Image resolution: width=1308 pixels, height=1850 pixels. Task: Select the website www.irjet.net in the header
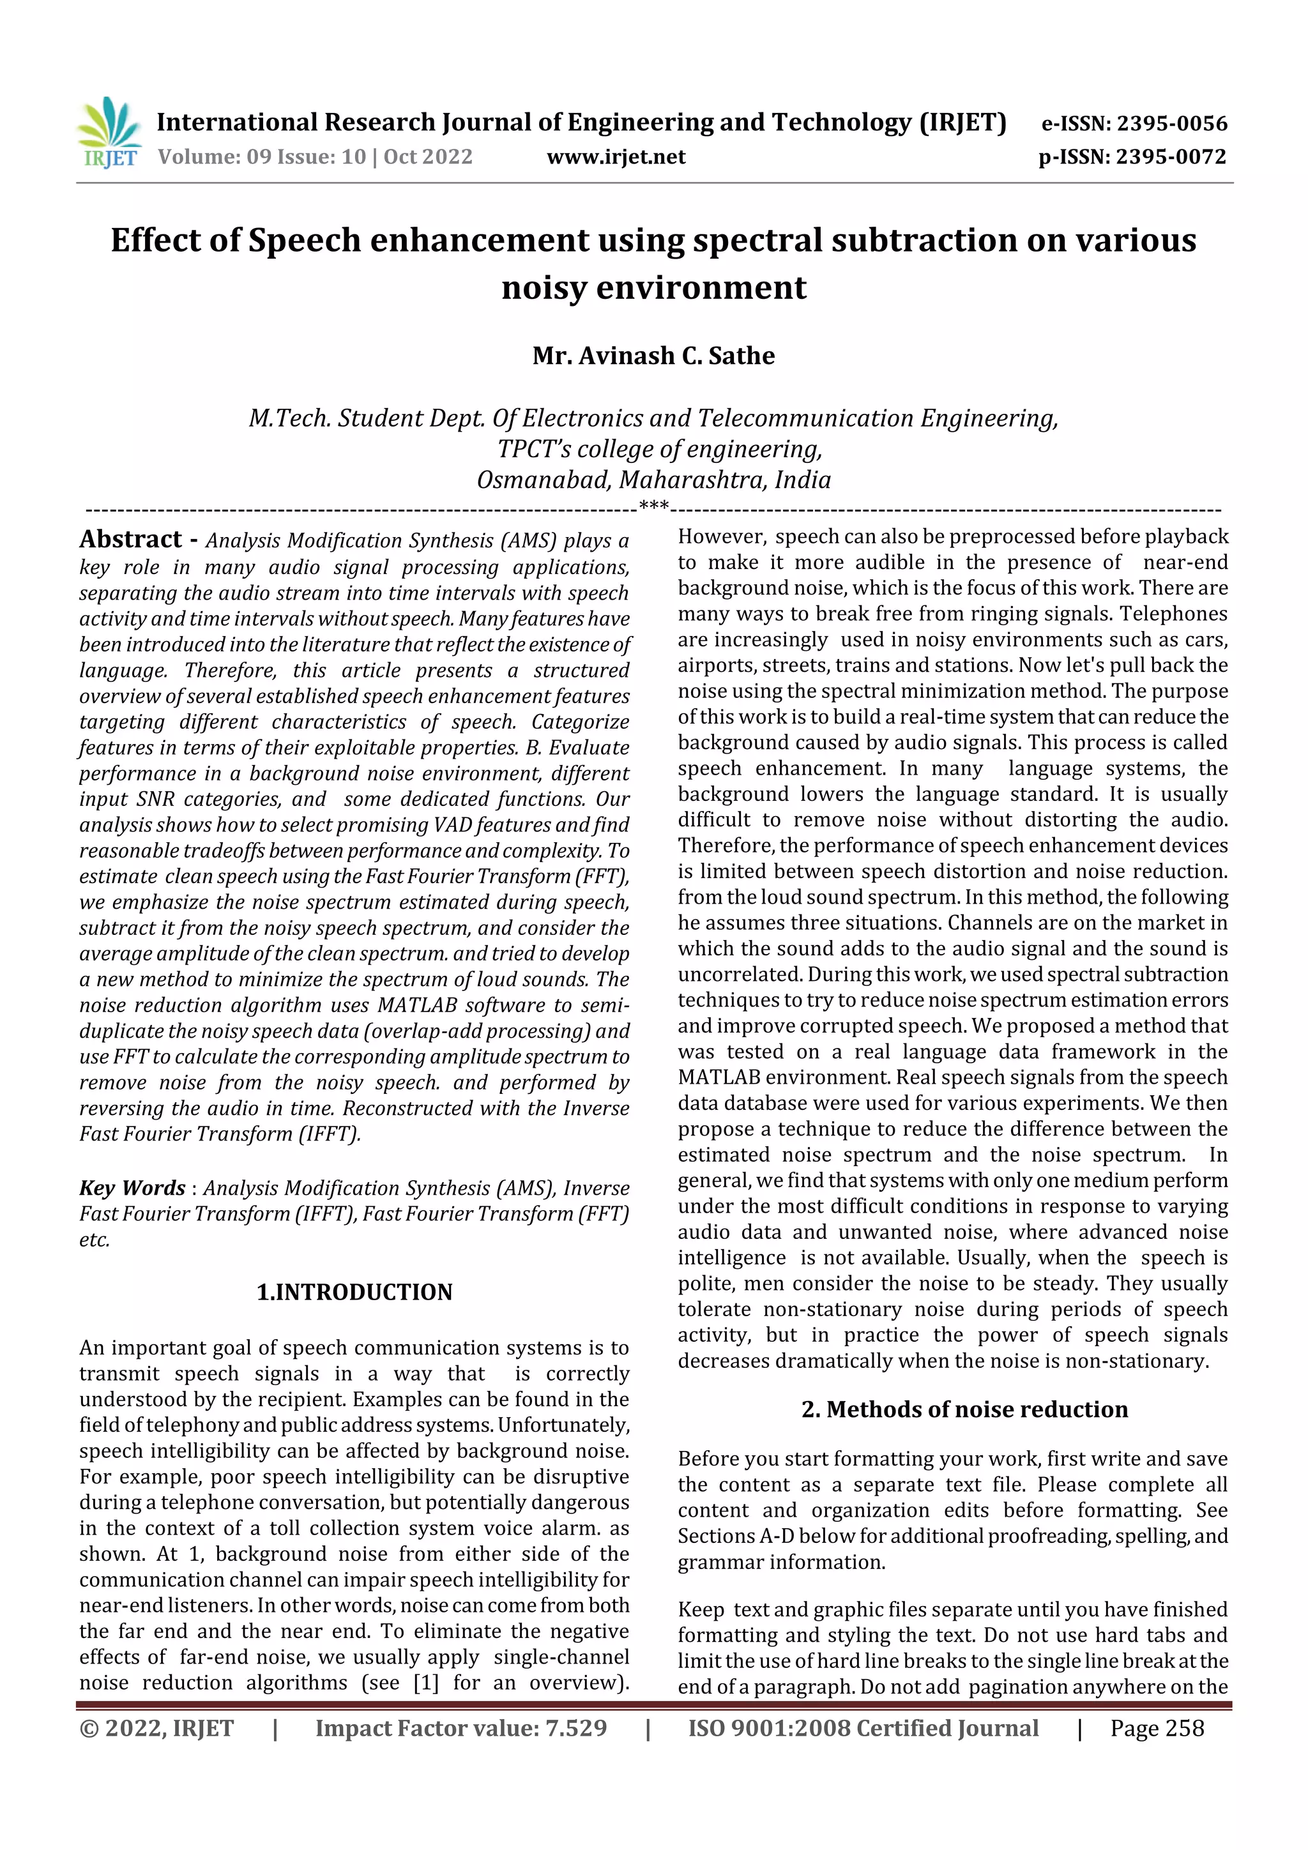coord(616,156)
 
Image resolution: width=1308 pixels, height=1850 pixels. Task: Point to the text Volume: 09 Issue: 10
coord(262,156)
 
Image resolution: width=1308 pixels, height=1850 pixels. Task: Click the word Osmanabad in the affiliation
coord(544,480)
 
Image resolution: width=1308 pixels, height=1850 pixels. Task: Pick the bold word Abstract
coord(130,538)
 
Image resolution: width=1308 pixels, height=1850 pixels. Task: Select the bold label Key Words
coord(132,1188)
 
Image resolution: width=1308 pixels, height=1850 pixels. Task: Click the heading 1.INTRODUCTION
coord(354,1293)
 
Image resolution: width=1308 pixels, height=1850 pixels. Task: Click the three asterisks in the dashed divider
coord(653,508)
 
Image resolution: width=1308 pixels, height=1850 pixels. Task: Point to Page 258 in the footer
coord(1157,1728)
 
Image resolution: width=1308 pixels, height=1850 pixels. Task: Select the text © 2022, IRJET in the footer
coord(156,1728)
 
